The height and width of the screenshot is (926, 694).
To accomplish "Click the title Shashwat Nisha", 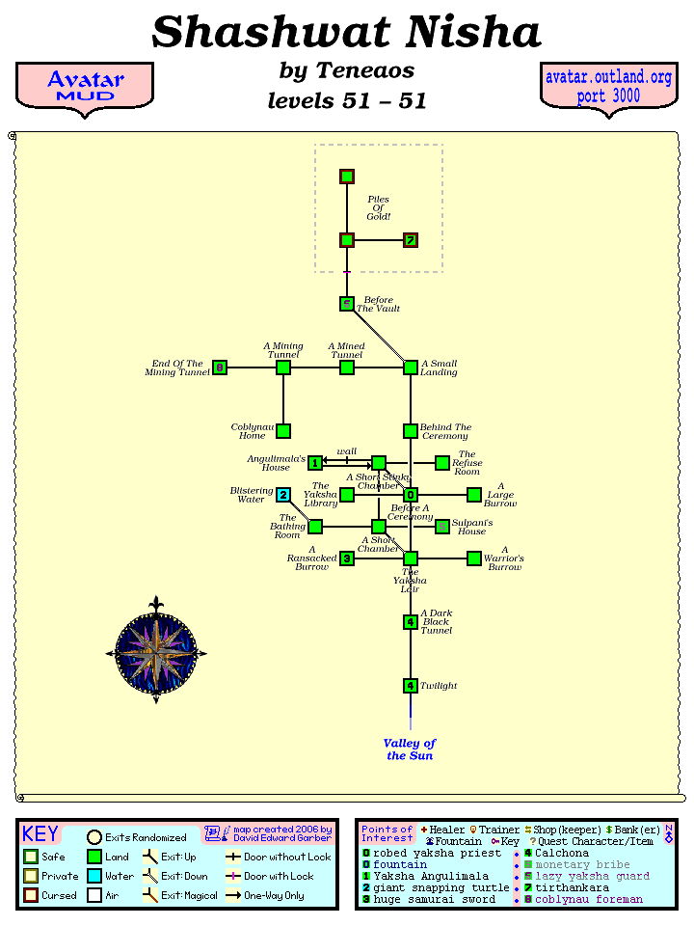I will (x=347, y=33).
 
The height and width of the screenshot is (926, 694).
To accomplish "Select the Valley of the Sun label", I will (x=410, y=749).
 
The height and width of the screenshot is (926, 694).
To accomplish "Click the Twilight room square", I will (x=411, y=686).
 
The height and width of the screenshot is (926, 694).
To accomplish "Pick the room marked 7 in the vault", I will (x=411, y=240).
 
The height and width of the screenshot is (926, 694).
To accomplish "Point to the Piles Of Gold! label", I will (x=379, y=208).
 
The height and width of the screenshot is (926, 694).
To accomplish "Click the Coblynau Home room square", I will (x=283, y=431).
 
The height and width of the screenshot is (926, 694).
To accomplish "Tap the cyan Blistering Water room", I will (x=283, y=495).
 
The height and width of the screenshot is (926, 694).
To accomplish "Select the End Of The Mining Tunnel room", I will (x=220, y=368).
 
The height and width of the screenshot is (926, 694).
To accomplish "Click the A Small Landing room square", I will (x=411, y=368).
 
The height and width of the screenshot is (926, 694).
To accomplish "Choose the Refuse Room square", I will (x=442, y=463).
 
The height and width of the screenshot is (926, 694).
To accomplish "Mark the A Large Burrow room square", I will (x=474, y=495).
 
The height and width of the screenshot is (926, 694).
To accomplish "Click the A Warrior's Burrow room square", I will (x=474, y=558).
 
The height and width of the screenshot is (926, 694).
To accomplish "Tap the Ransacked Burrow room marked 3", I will (x=347, y=558).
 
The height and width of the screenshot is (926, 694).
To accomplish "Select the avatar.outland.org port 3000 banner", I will (x=608, y=87).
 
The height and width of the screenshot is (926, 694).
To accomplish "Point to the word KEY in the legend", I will (x=40, y=834).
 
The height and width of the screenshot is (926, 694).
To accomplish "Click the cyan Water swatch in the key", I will (x=94, y=876).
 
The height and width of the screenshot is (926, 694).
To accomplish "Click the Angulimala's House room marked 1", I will (x=315, y=463).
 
